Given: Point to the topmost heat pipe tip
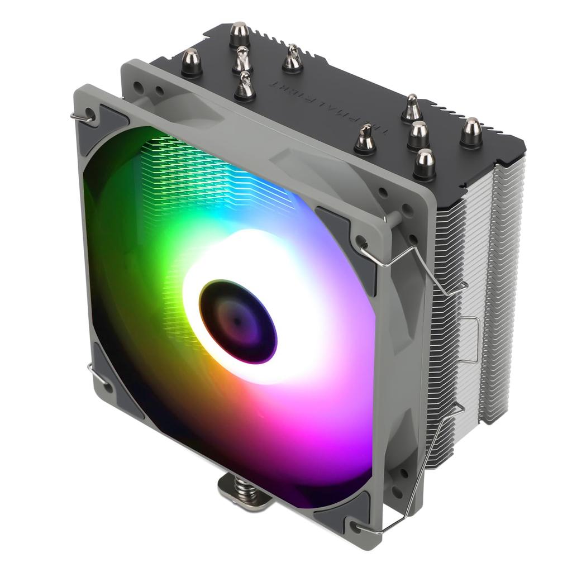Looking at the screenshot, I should [x=239, y=34].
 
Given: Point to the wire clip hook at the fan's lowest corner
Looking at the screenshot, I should [x=357, y=528].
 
